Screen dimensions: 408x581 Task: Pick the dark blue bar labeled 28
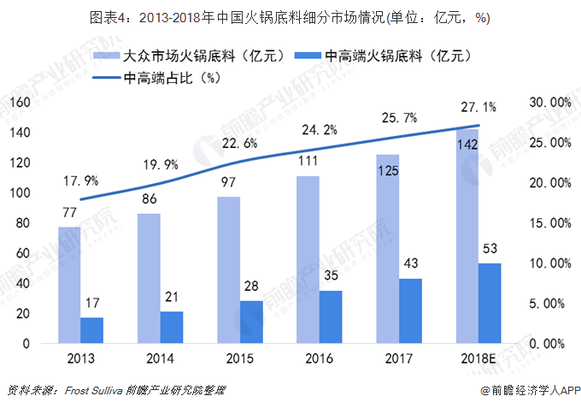click(251, 322)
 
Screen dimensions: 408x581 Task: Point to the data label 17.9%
click(80, 180)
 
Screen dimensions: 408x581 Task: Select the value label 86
click(149, 198)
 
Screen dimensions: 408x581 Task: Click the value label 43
click(410, 263)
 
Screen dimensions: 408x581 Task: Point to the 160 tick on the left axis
click(20, 103)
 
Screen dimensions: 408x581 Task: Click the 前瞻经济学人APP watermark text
click(531, 390)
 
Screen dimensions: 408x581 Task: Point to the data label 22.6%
click(239, 144)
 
